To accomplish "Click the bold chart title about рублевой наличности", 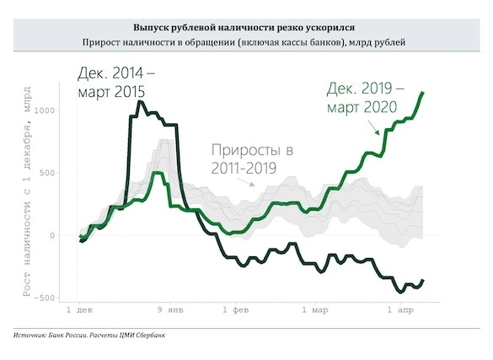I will click(x=246, y=27).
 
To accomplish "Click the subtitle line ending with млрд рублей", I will click(x=246, y=42).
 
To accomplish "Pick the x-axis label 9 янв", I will click(x=171, y=310).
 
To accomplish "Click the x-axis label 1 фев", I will click(x=238, y=310).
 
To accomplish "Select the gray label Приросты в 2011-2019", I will click(x=253, y=159).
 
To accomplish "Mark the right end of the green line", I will click(x=423, y=93).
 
